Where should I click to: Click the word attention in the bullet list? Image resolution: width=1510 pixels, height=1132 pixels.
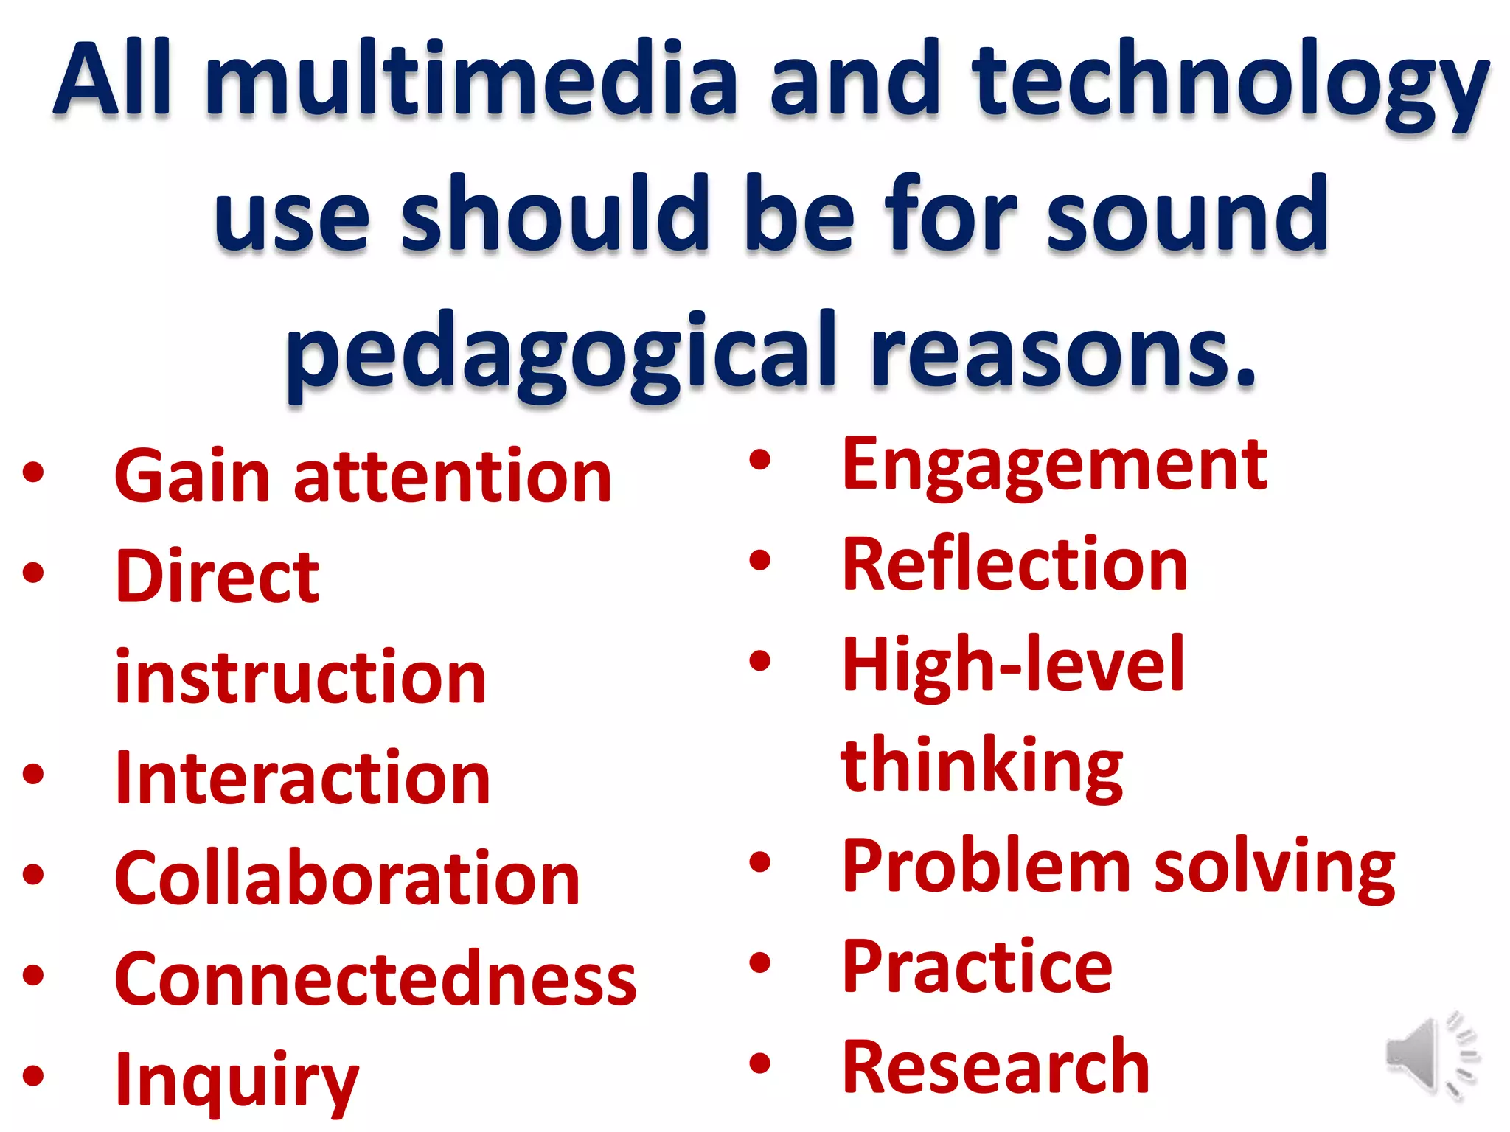[x=453, y=478]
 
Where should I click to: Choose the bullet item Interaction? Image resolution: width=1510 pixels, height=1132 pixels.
[x=302, y=778]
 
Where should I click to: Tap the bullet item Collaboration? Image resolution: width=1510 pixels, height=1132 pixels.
[x=347, y=878]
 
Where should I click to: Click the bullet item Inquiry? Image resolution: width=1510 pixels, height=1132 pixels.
[x=237, y=1080]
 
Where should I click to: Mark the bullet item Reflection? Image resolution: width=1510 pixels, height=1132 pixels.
[x=1015, y=565]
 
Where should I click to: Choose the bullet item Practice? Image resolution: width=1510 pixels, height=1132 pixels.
[x=977, y=967]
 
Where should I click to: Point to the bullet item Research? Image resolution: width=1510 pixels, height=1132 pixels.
[x=996, y=1067]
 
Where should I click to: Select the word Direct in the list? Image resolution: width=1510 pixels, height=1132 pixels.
[x=218, y=577]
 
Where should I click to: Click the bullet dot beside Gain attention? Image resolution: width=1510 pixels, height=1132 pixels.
[x=33, y=472]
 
